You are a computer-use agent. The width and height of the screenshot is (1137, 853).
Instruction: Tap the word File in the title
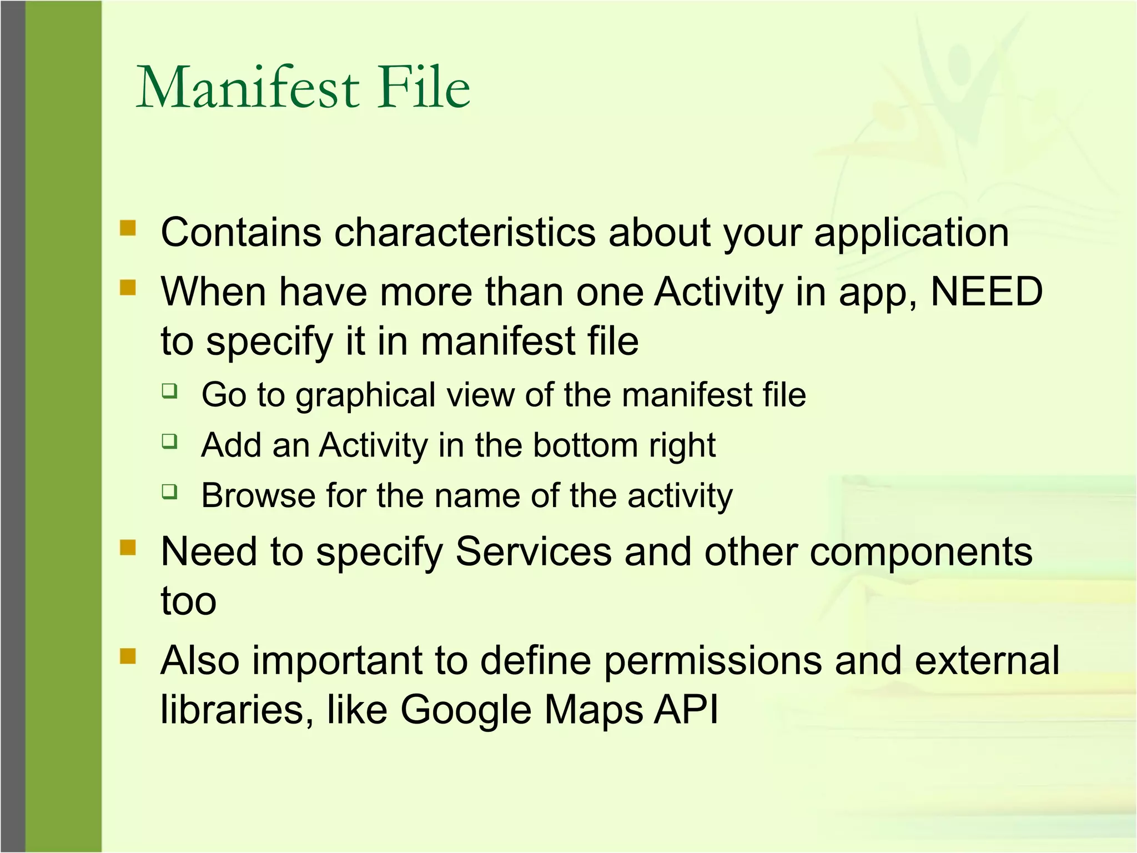click(x=424, y=88)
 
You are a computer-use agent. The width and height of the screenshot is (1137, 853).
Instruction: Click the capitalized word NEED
click(x=987, y=292)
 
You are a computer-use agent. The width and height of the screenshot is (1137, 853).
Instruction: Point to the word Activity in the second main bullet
click(x=718, y=293)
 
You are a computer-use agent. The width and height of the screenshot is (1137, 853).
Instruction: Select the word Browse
click(x=258, y=496)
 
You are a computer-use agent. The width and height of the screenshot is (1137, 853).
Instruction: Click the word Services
click(x=534, y=552)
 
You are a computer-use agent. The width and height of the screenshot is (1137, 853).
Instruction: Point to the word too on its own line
click(x=189, y=601)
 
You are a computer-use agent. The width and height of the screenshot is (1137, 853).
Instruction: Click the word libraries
click(x=233, y=710)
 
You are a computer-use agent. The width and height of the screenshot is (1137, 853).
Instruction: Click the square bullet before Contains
click(x=128, y=228)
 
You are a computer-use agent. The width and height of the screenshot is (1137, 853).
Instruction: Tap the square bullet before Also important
click(x=128, y=656)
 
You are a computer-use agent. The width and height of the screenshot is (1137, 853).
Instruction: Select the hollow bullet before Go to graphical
click(x=170, y=391)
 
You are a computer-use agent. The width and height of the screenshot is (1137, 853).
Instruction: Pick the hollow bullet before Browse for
click(x=170, y=491)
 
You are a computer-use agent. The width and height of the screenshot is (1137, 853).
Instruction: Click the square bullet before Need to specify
click(x=128, y=548)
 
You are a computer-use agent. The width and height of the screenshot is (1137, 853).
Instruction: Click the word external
click(x=987, y=661)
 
